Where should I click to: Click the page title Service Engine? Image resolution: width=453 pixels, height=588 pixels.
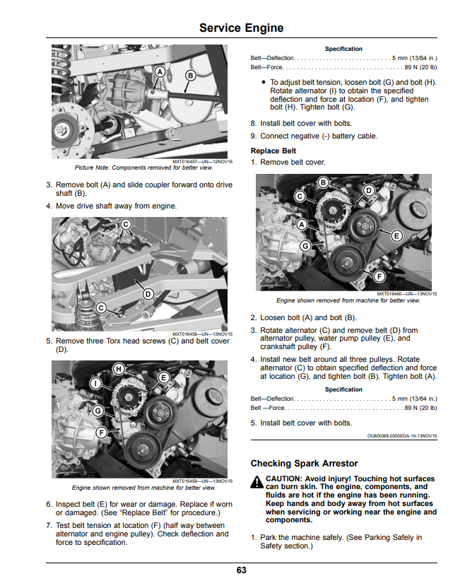click(x=241, y=28)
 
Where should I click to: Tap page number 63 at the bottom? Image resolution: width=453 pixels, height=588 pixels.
click(x=241, y=570)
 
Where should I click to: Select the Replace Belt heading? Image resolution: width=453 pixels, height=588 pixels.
click(x=273, y=151)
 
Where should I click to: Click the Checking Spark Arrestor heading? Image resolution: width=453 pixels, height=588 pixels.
click(x=304, y=464)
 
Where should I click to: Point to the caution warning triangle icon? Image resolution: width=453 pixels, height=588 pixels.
click(x=257, y=482)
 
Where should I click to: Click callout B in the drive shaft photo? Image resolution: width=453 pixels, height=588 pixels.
click(x=191, y=76)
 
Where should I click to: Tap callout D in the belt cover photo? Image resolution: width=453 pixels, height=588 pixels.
click(x=148, y=294)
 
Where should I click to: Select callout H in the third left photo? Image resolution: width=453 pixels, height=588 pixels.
click(x=119, y=369)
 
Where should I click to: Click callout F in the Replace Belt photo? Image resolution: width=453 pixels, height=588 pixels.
click(x=380, y=277)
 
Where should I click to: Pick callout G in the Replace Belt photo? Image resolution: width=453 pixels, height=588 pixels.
click(x=305, y=246)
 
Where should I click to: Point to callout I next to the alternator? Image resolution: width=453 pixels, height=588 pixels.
click(x=96, y=383)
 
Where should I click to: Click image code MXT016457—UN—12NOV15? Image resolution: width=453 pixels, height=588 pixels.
click(x=203, y=162)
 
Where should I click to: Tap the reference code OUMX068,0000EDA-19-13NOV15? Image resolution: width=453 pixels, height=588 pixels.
click(x=402, y=436)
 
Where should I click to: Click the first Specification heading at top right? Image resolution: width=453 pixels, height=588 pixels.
click(x=343, y=49)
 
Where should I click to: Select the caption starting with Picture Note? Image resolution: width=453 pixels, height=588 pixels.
click(x=143, y=167)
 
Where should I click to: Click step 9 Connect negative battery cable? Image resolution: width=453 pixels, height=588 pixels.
click(x=314, y=136)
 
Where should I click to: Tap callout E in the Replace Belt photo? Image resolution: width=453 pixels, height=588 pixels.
click(x=396, y=236)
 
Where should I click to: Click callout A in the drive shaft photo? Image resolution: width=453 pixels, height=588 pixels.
click(x=160, y=71)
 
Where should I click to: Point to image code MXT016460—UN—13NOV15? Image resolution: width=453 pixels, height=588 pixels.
click(x=407, y=294)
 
